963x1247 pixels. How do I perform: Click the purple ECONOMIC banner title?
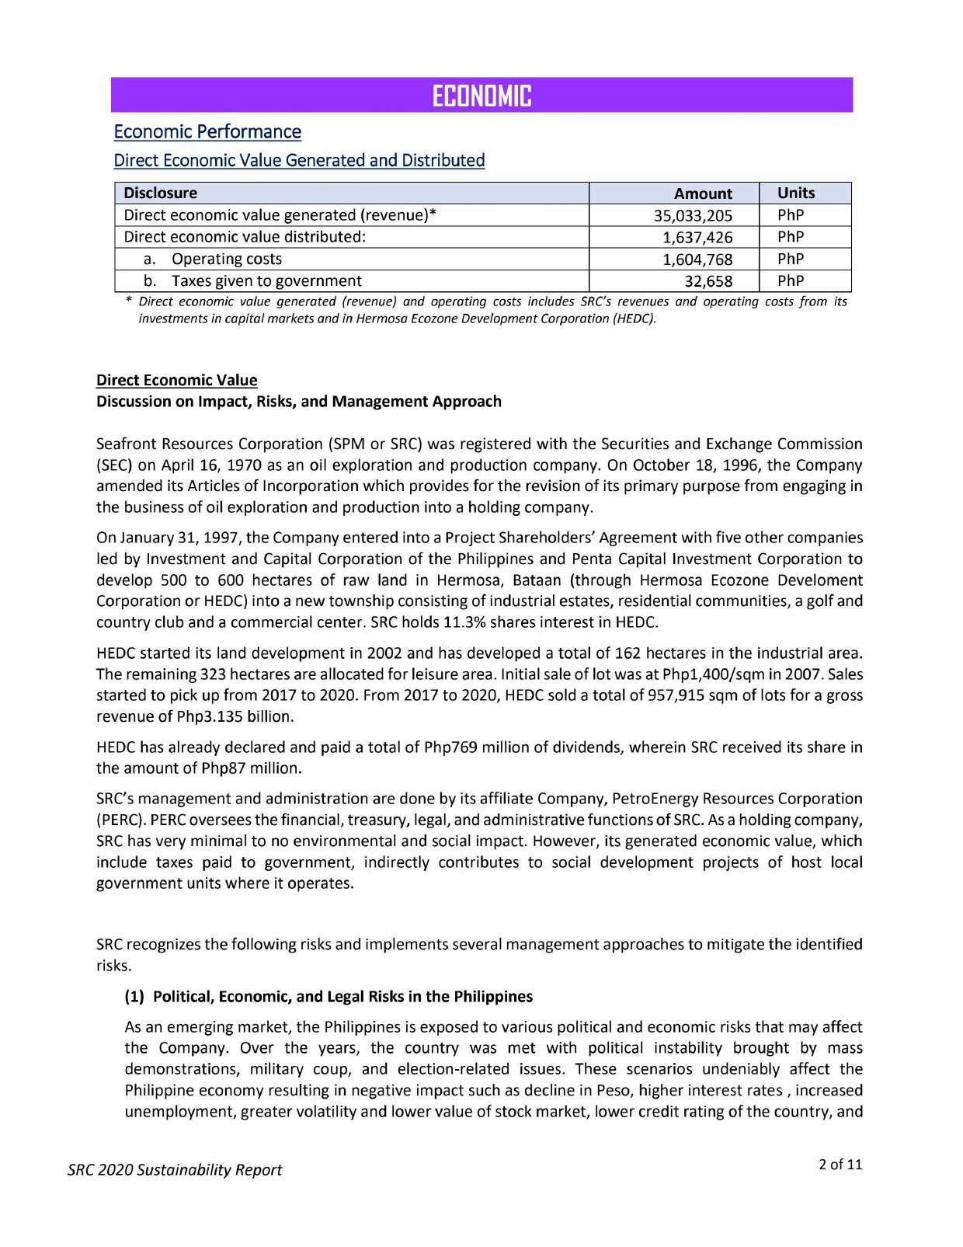[481, 96]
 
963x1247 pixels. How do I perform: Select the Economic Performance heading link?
[207, 131]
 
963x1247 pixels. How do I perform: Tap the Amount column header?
[702, 193]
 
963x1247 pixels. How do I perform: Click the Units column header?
[796, 193]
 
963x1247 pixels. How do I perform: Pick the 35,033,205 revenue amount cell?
[694, 215]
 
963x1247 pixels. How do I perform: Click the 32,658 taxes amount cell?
[707, 280]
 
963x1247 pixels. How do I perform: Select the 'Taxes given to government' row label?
[266, 280]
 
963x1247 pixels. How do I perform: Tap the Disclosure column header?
[161, 193]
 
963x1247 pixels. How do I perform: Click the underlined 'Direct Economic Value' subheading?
[176, 380]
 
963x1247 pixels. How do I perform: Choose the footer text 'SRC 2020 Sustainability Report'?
[174, 1169]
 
